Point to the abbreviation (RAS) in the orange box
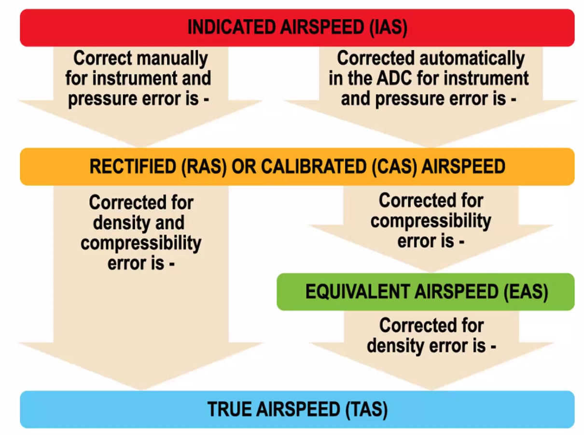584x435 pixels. [x=204, y=167]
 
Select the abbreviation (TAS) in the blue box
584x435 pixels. [x=366, y=409]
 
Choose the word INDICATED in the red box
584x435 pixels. [x=232, y=28]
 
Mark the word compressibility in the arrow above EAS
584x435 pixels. [x=431, y=221]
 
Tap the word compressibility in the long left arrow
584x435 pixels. [x=140, y=243]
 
